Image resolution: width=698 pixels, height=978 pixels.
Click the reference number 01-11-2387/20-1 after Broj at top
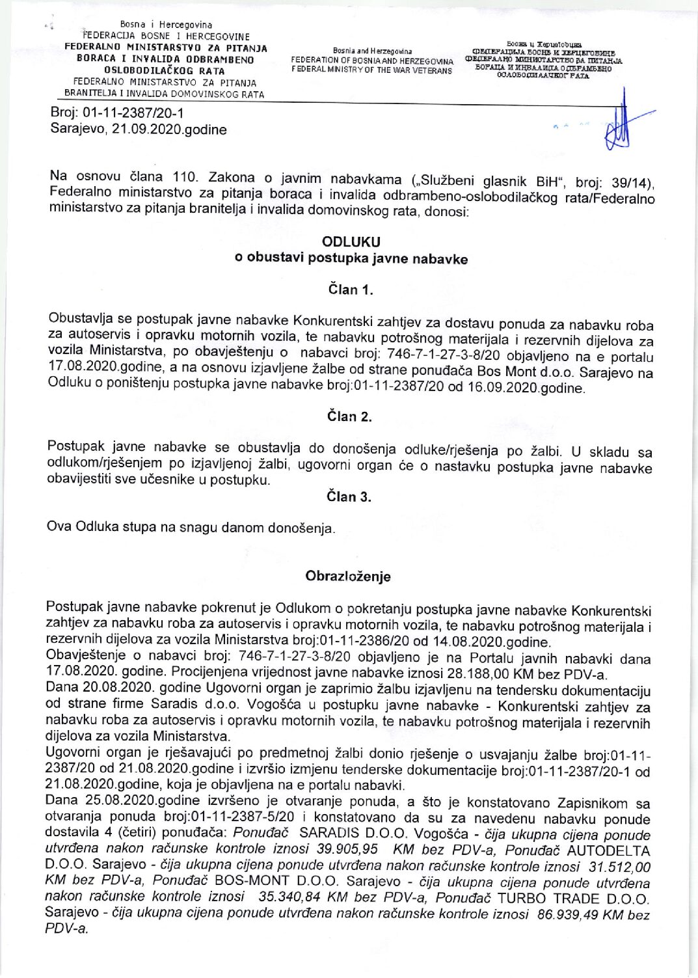(x=133, y=113)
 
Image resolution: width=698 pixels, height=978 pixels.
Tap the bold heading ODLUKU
(x=351, y=241)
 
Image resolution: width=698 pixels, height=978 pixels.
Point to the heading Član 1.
(x=350, y=290)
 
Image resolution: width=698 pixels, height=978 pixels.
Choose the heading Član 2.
(x=349, y=416)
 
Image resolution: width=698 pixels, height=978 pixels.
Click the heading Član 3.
(x=349, y=497)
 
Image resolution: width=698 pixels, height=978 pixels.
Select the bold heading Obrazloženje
(x=348, y=577)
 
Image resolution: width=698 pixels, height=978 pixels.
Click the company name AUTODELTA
(x=608, y=850)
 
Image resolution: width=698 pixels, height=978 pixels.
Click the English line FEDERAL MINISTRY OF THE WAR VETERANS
(x=371, y=70)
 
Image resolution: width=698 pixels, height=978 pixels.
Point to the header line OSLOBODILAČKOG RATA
(x=165, y=71)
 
